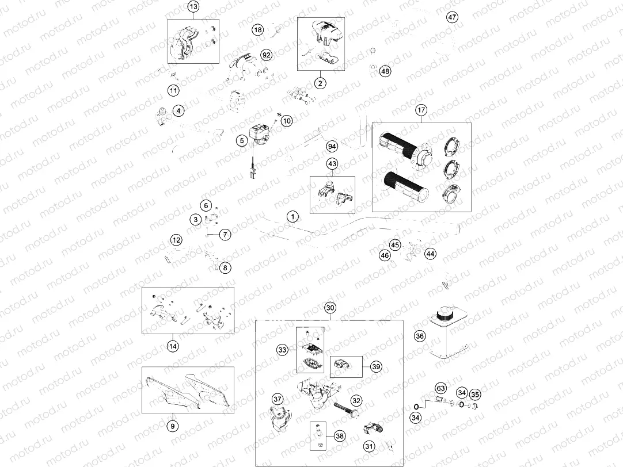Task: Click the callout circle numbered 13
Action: point(193,7)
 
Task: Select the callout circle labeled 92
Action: point(266,55)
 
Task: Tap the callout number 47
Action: point(453,17)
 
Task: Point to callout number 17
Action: point(421,109)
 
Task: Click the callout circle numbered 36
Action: point(420,336)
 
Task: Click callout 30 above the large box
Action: point(329,308)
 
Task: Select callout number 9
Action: point(172,426)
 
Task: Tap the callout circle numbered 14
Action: point(172,346)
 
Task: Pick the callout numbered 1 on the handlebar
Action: point(292,217)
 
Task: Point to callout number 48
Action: point(385,71)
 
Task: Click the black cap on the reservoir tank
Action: point(445,315)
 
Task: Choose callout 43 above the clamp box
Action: point(332,164)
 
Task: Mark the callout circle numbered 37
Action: point(278,400)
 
